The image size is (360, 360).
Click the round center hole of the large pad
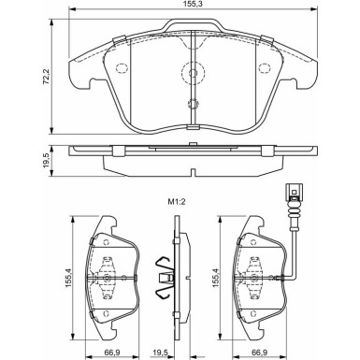(x=191, y=72)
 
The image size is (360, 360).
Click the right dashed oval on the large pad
(x=262, y=69)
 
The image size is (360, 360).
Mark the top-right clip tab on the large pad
(x=266, y=39)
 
